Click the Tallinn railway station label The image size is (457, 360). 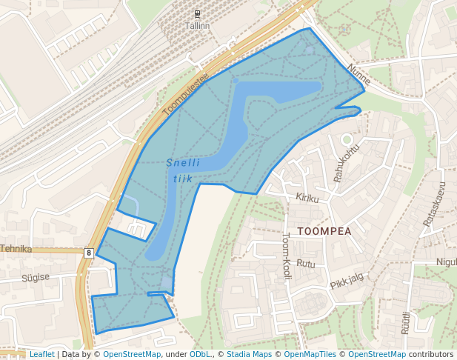198,25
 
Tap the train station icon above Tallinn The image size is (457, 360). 197,14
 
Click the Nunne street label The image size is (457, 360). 358,74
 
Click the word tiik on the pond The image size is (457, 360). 182,178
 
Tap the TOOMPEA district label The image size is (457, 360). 324,231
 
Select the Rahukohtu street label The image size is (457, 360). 346,161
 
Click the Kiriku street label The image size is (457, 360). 307,198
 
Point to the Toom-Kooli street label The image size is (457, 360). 287,256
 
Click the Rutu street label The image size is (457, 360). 305,264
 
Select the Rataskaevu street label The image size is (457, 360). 434,204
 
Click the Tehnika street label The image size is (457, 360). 16,249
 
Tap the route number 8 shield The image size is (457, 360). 89,253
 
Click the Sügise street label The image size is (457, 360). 35,277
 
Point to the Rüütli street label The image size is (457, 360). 406,324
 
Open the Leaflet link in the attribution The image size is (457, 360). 41,355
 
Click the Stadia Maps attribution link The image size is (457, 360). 249,355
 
